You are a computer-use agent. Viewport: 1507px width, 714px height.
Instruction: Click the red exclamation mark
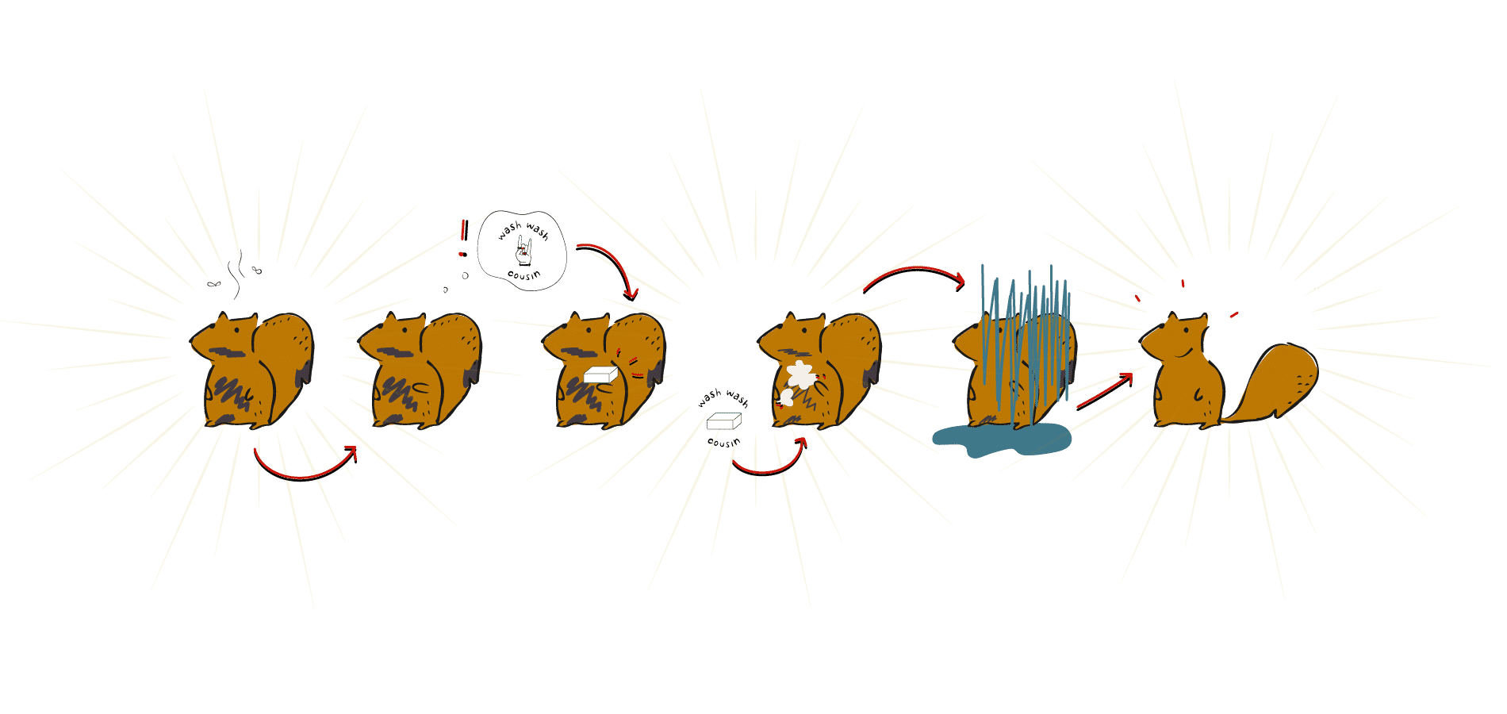tap(463, 238)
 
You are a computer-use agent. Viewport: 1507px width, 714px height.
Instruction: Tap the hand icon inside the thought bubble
tap(523, 251)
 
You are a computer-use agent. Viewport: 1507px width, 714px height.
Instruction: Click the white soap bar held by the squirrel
tap(600, 374)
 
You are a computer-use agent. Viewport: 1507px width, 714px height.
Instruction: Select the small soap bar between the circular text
tap(723, 420)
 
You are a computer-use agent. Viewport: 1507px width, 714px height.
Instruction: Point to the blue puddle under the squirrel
tap(1001, 439)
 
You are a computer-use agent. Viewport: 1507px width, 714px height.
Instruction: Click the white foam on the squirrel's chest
tap(800, 374)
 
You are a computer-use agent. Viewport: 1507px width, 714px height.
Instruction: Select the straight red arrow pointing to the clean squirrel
tap(1105, 391)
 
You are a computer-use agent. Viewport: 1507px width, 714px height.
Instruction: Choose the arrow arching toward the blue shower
tap(914, 271)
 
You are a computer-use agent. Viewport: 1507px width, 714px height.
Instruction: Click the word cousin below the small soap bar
tap(723, 442)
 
